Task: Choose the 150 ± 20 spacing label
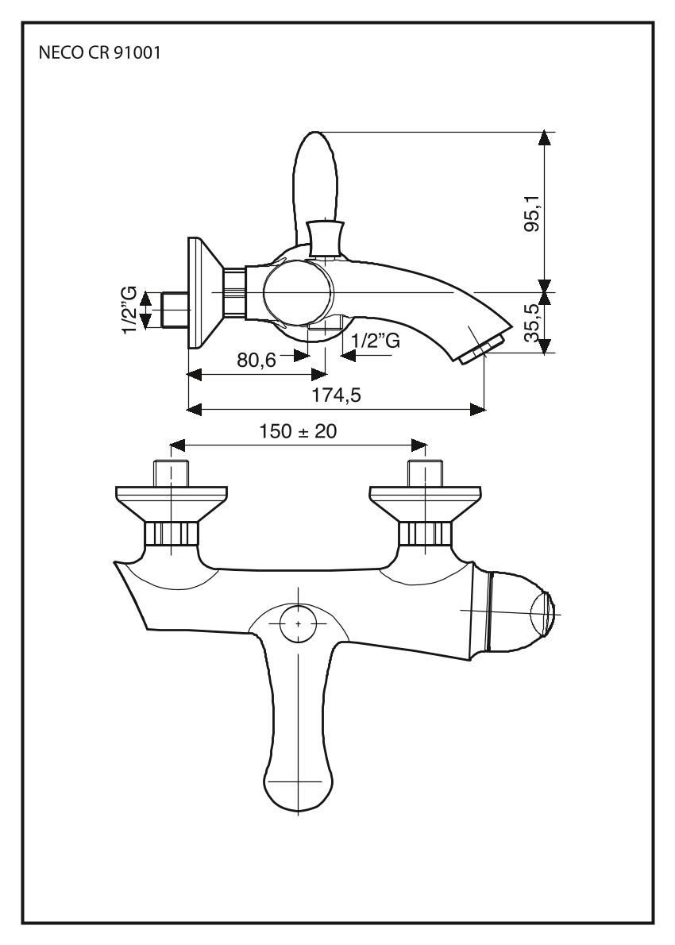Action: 298,431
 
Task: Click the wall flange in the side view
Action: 199,292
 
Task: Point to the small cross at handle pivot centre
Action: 299,624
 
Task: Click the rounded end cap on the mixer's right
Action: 543,613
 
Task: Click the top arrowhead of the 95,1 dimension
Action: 544,138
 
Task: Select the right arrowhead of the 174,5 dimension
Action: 477,409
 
